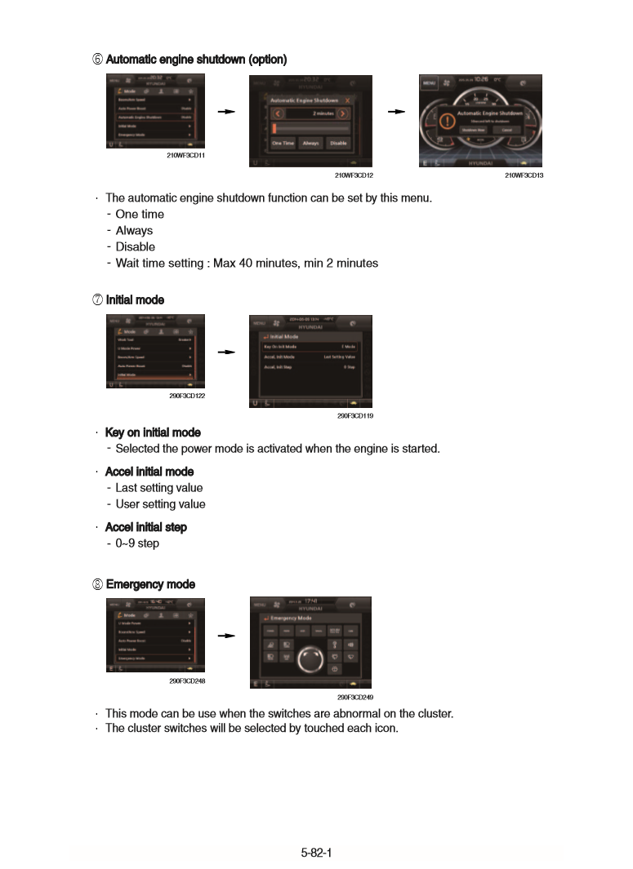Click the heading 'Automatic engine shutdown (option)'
point(196,60)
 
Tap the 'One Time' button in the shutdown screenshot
point(283,143)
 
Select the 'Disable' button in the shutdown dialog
point(337,143)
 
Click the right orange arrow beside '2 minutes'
point(343,113)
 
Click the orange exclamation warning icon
point(446,122)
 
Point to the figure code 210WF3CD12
point(353,175)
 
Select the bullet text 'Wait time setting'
point(247,263)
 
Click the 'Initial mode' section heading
point(135,299)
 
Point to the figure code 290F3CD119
point(354,415)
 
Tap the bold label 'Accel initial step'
point(146,527)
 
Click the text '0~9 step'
point(137,543)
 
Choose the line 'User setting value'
point(160,504)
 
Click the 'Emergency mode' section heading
point(150,584)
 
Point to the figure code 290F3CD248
point(186,681)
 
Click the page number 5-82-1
point(316,853)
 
